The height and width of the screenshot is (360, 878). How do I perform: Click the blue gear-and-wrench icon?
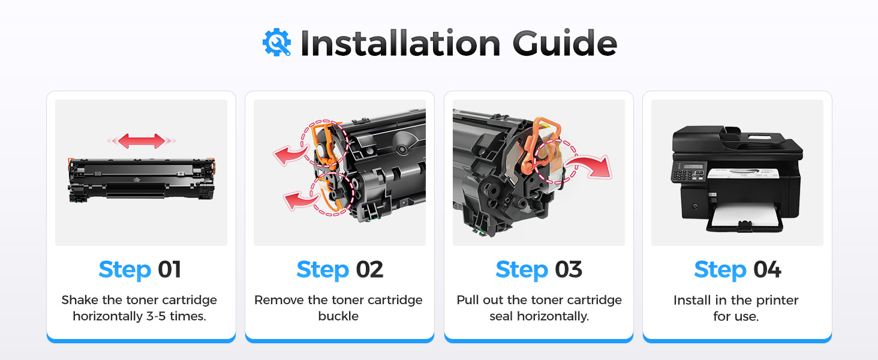pyautogui.click(x=276, y=43)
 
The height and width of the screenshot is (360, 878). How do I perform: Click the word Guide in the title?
pyautogui.click(x=565, y=43)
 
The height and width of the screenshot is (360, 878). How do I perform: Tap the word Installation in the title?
pyautogui.click(x=400, y=43)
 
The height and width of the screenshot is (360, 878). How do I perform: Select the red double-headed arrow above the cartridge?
pyautogui.click(x=142, y=141)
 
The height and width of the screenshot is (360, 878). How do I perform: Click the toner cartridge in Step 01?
pyautogui.click(x=142, y=181)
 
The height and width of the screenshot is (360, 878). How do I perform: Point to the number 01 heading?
pyautogui.click(x=169, y=270)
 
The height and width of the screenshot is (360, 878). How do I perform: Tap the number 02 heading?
pyautogui.click(x=369, y=270)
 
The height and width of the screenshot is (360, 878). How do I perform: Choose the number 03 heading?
pyautogui.click(x=569, y=270)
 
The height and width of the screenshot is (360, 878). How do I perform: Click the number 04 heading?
pyautogui.click(x=767, y=270)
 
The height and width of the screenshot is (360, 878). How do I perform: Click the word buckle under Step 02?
pyautogui.click(x=338, y=316)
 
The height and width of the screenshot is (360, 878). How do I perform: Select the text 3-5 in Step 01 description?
pyautogui.click(x=156, y=316)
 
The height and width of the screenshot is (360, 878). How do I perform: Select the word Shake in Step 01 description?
pyautogui.click(x=80, y=300)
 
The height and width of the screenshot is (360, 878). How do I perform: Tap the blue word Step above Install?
pyautogui.click(x=720, y=270)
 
